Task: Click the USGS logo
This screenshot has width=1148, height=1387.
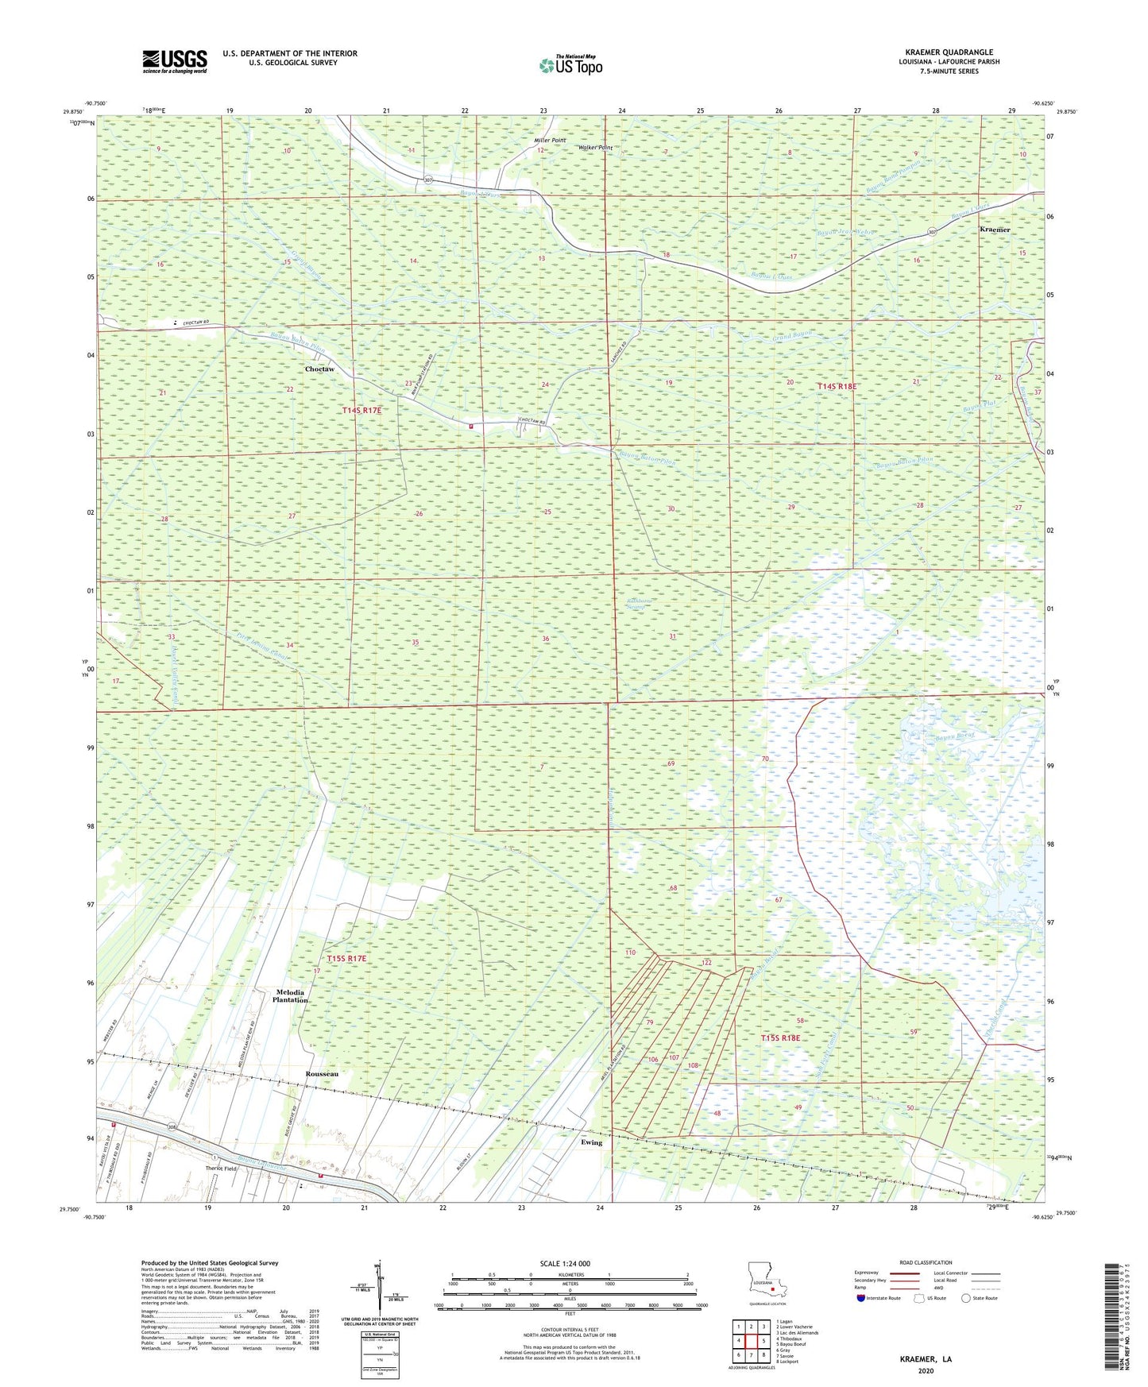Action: (174, 61)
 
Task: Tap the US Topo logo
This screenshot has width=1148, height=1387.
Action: (570, 65)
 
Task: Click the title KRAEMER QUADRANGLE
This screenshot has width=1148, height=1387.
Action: (949, 52)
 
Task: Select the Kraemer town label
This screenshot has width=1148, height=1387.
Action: (995, 230)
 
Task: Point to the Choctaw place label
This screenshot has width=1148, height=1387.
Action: (320, 369)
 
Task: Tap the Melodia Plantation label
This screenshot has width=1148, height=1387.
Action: (291, 996)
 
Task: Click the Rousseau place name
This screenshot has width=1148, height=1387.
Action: (322, 1073)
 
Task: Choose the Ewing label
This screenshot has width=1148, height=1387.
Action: (591, 1142)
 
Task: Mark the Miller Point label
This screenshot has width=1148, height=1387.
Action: (550, 141)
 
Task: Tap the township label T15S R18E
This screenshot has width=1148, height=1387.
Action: (780, 1038)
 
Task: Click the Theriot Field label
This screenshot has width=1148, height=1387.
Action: (222, 1168)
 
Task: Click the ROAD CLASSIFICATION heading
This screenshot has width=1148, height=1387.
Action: (926, 1262)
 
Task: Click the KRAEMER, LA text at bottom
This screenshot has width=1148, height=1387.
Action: (926, 1359)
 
